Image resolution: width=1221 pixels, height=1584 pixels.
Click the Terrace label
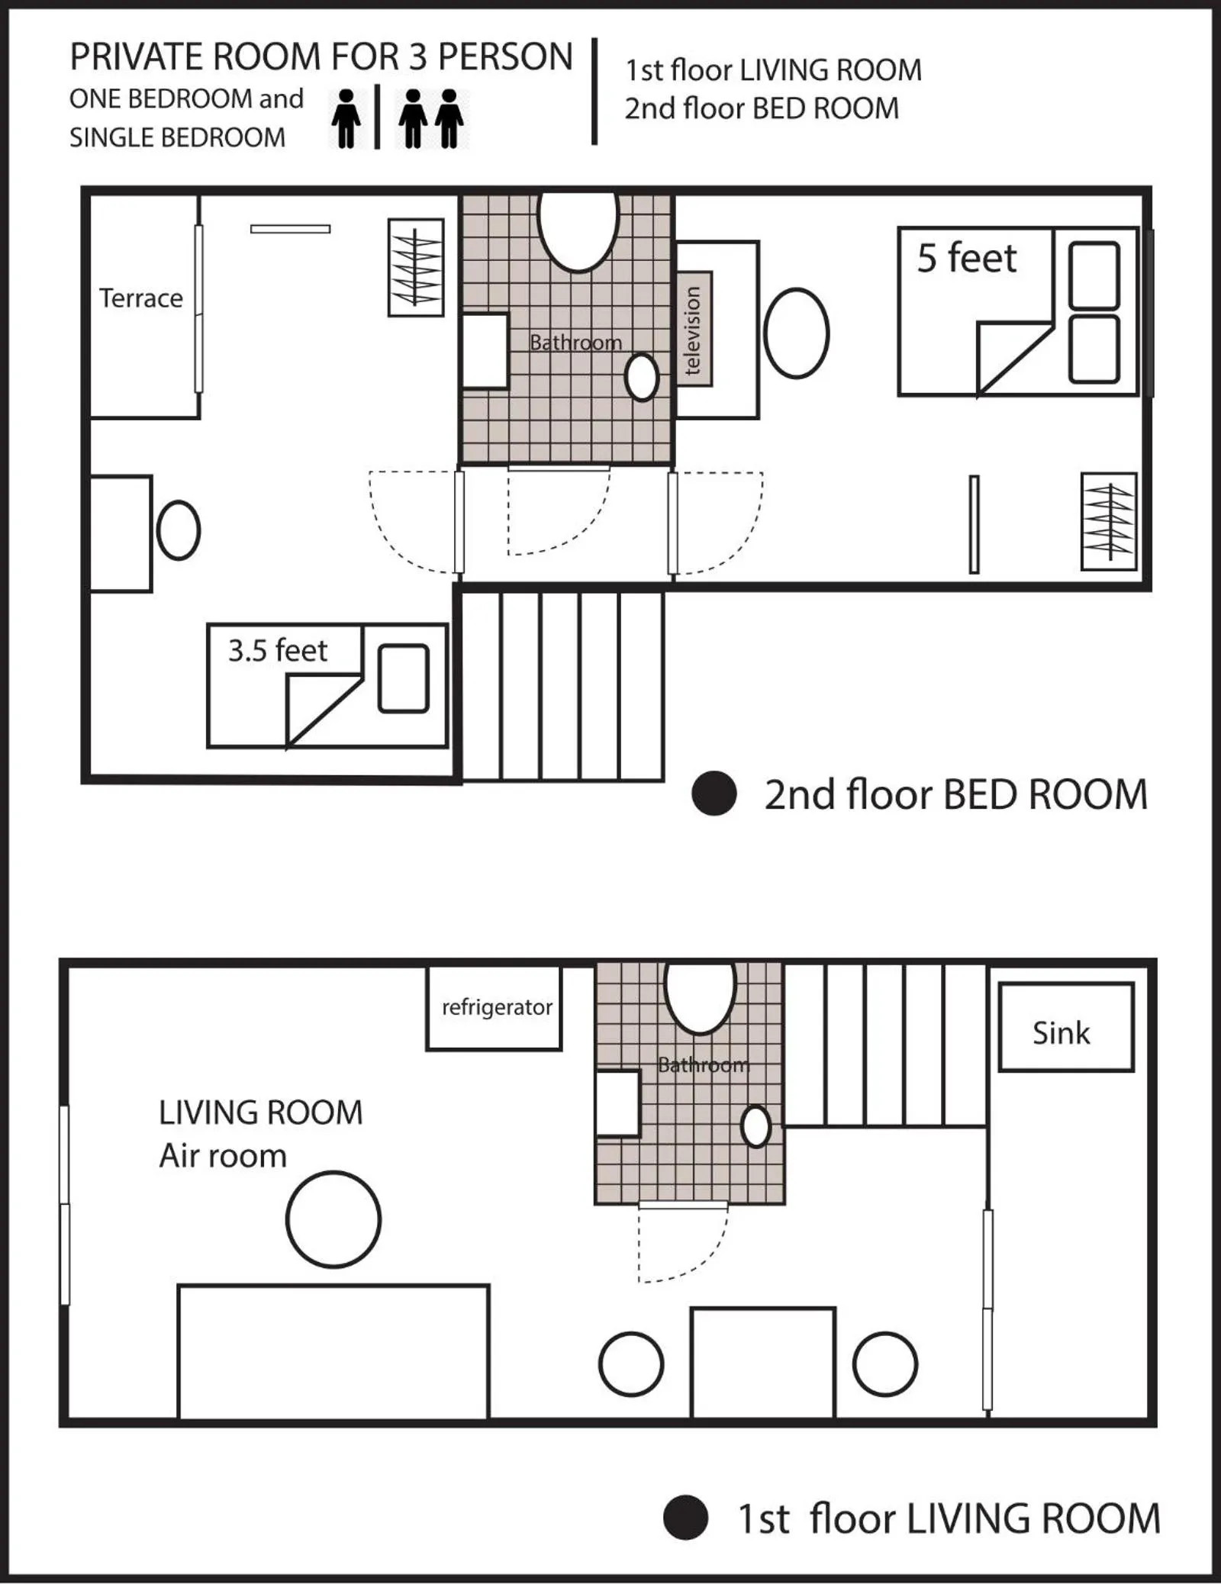pos(141,298)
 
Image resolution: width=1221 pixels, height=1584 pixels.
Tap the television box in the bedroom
pos(693,329)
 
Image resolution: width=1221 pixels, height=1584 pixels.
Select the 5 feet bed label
pos(966,258)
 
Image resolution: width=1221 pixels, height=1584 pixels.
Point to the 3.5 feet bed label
pos(277,651)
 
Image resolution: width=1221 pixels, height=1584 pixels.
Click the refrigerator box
pos(495,1007)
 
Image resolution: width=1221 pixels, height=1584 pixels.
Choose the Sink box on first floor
pos(1065,1027)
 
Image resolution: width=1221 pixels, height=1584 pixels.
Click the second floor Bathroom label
pos(575,343)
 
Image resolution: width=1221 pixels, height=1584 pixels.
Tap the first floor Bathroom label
pos(704,1064)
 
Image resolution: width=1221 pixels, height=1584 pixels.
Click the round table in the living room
pos(333,1219)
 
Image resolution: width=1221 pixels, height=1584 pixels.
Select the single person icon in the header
pos(346,118)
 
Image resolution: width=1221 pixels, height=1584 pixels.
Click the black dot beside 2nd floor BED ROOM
pos(714,794)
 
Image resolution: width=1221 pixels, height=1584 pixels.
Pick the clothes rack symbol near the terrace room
pos(416,268)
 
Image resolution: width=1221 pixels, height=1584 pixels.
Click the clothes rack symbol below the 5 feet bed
pos(1109,521)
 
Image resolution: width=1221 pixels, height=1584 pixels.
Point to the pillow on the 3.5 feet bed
pos(404,679)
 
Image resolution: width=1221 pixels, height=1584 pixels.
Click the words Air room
pos(223,1156)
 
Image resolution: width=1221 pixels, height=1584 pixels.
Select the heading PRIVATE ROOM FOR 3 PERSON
pos(321,57)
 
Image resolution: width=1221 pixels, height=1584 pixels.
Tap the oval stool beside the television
pos(796,333)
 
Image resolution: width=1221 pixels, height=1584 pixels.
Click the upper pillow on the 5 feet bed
pos(1094,275)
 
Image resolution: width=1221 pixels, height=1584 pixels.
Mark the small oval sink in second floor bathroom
pos(642,377)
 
